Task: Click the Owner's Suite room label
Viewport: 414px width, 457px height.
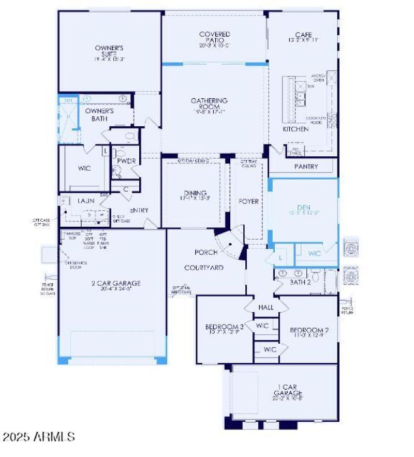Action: pos(109,51)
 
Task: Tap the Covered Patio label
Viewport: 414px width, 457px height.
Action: pos(214,38)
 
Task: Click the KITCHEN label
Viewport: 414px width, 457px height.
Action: pos(295,129)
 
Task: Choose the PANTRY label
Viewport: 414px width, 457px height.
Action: pos(306,167)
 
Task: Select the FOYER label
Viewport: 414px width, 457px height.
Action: pos(248,201)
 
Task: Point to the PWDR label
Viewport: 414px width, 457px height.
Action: pos(126,161)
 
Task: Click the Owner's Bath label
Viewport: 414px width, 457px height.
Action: pos(99,114)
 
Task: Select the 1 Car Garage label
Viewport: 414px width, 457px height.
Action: pos(288,391)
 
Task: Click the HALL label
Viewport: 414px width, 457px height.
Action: pos(266,307)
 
